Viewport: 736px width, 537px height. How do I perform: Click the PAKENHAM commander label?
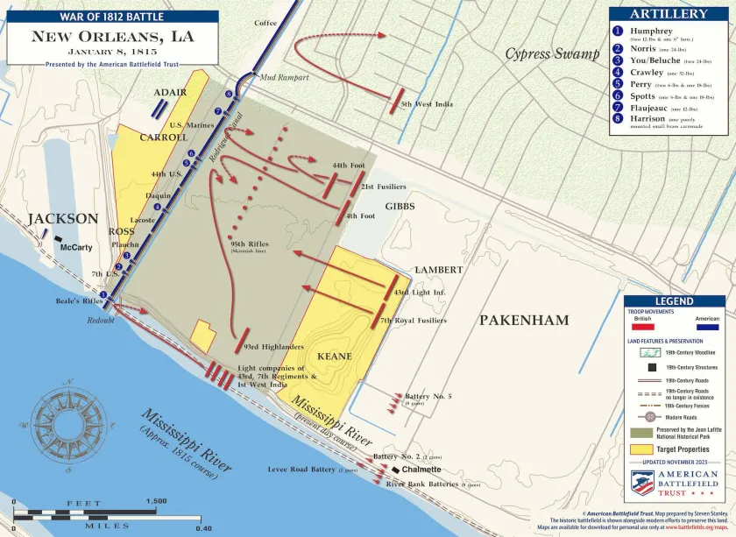click(x=524, y=321)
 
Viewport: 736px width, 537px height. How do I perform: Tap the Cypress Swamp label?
click(x=551, y=54)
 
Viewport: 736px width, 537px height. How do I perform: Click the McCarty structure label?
click(x=75, y=247)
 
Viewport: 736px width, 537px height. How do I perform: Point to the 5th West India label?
click(x=427, y=104)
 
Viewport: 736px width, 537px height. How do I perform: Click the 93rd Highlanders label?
click(x=273, y=347)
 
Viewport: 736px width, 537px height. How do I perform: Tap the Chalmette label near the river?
click(x=421, y=470)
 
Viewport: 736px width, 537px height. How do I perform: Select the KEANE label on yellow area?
click(x=334, y=357)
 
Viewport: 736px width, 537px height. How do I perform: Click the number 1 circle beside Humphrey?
click(x=618, y=31)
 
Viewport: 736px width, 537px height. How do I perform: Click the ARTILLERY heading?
click(x=669, y=14)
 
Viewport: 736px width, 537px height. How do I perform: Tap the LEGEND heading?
click(x=674, y=301)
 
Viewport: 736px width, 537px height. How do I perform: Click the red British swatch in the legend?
click(x=642, y=327)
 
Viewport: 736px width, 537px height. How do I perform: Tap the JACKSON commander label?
click(x=62, y=218)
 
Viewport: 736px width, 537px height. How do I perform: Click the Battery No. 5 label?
click(x=428, y=396)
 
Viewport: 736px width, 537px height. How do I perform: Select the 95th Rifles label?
click(x=250, y=244)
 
